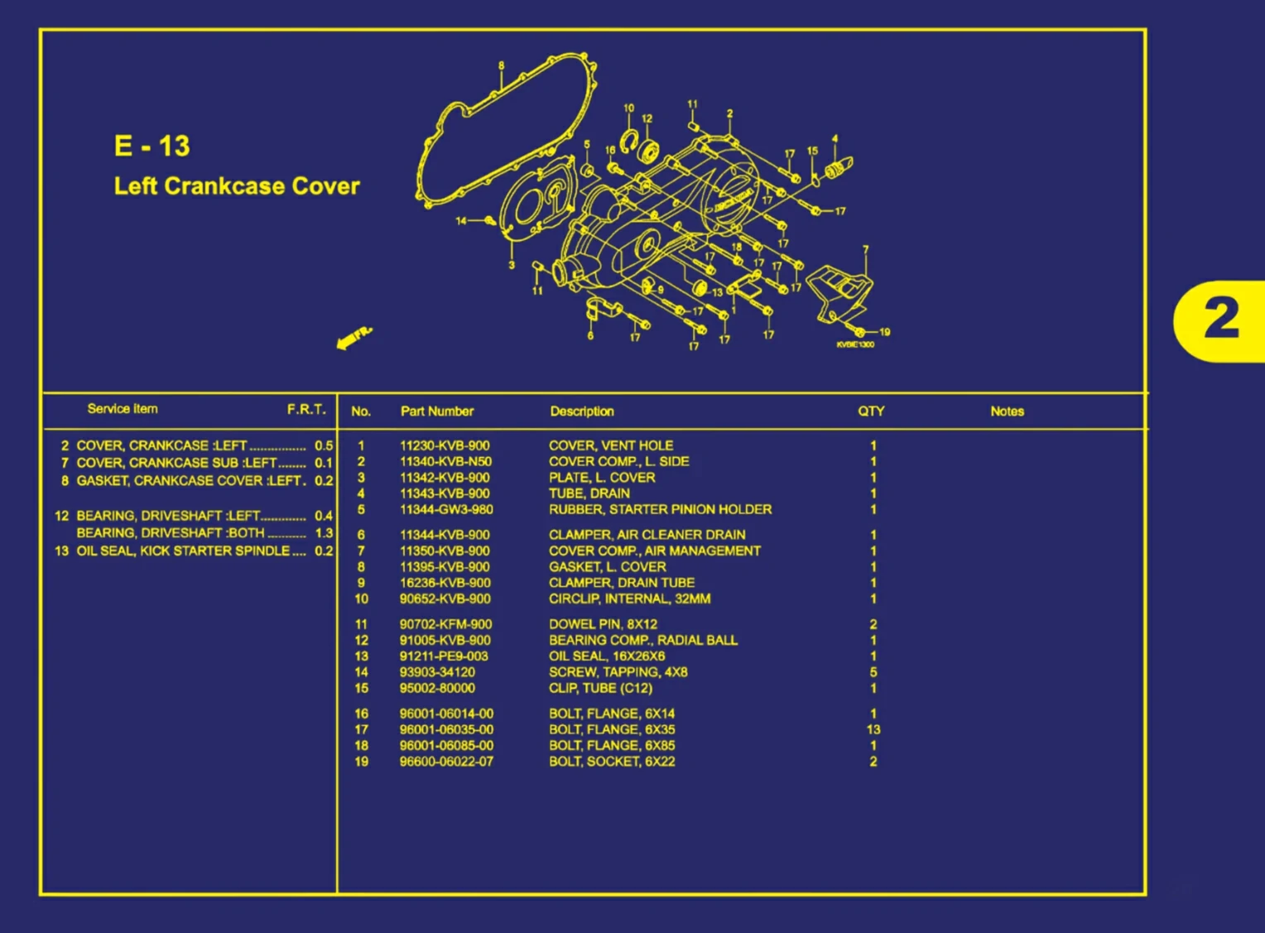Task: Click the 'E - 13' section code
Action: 152,147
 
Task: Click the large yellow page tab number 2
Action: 1220,320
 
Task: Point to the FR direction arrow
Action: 354,338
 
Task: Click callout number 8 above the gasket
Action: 501,66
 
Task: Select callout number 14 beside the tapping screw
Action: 461,221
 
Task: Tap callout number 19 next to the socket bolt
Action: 884,332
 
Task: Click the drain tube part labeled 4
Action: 838,169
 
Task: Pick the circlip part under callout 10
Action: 630,141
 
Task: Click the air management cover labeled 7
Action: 841,291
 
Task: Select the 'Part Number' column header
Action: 436,411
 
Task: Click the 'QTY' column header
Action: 871,411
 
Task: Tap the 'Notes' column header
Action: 1007,411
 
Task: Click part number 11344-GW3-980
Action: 445,510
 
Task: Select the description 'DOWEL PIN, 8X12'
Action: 603,624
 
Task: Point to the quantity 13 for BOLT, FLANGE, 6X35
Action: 873,729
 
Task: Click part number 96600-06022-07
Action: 446,762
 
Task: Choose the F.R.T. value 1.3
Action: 324,533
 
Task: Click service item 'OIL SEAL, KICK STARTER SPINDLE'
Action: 183,551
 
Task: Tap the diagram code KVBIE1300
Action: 855,344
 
